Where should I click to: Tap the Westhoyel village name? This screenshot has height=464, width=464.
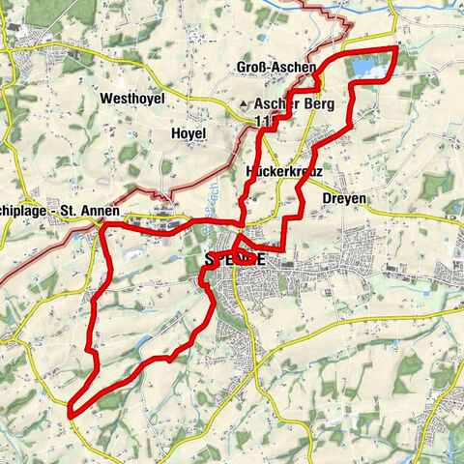[132, 98]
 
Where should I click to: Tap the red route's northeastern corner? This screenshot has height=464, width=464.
[394, 47]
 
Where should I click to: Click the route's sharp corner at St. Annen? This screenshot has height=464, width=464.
[102, 226]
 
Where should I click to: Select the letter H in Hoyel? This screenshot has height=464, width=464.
[174, 132]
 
